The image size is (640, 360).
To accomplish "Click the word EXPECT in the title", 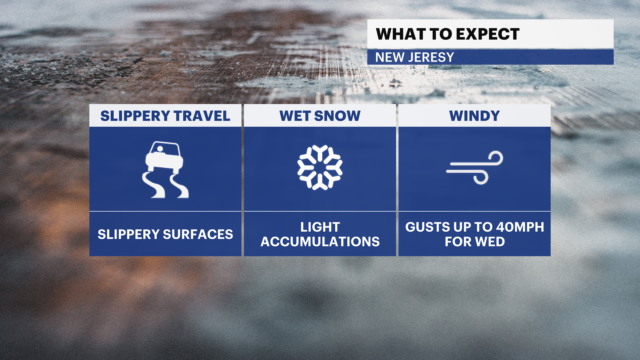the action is [x=488, y=34].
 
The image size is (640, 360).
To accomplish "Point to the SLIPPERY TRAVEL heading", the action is [x=165, y=116].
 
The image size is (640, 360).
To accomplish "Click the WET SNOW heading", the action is [x=320, y=116].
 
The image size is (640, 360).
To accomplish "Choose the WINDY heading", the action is [x=475, y=116].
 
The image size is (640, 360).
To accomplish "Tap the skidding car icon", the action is [x=165, y=169].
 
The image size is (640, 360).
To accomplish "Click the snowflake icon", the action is [x=320, y=167].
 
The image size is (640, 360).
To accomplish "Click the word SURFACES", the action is [x=198, y=234].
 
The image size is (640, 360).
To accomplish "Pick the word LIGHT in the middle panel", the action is [x=320, y=227].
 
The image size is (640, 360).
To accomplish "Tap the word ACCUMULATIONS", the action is [x=320, y=242].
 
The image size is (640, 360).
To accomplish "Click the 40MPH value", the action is [x=520, y=227].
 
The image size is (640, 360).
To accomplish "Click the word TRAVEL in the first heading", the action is [x=202, y=116].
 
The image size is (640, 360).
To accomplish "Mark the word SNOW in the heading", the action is [x=337, y=116].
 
